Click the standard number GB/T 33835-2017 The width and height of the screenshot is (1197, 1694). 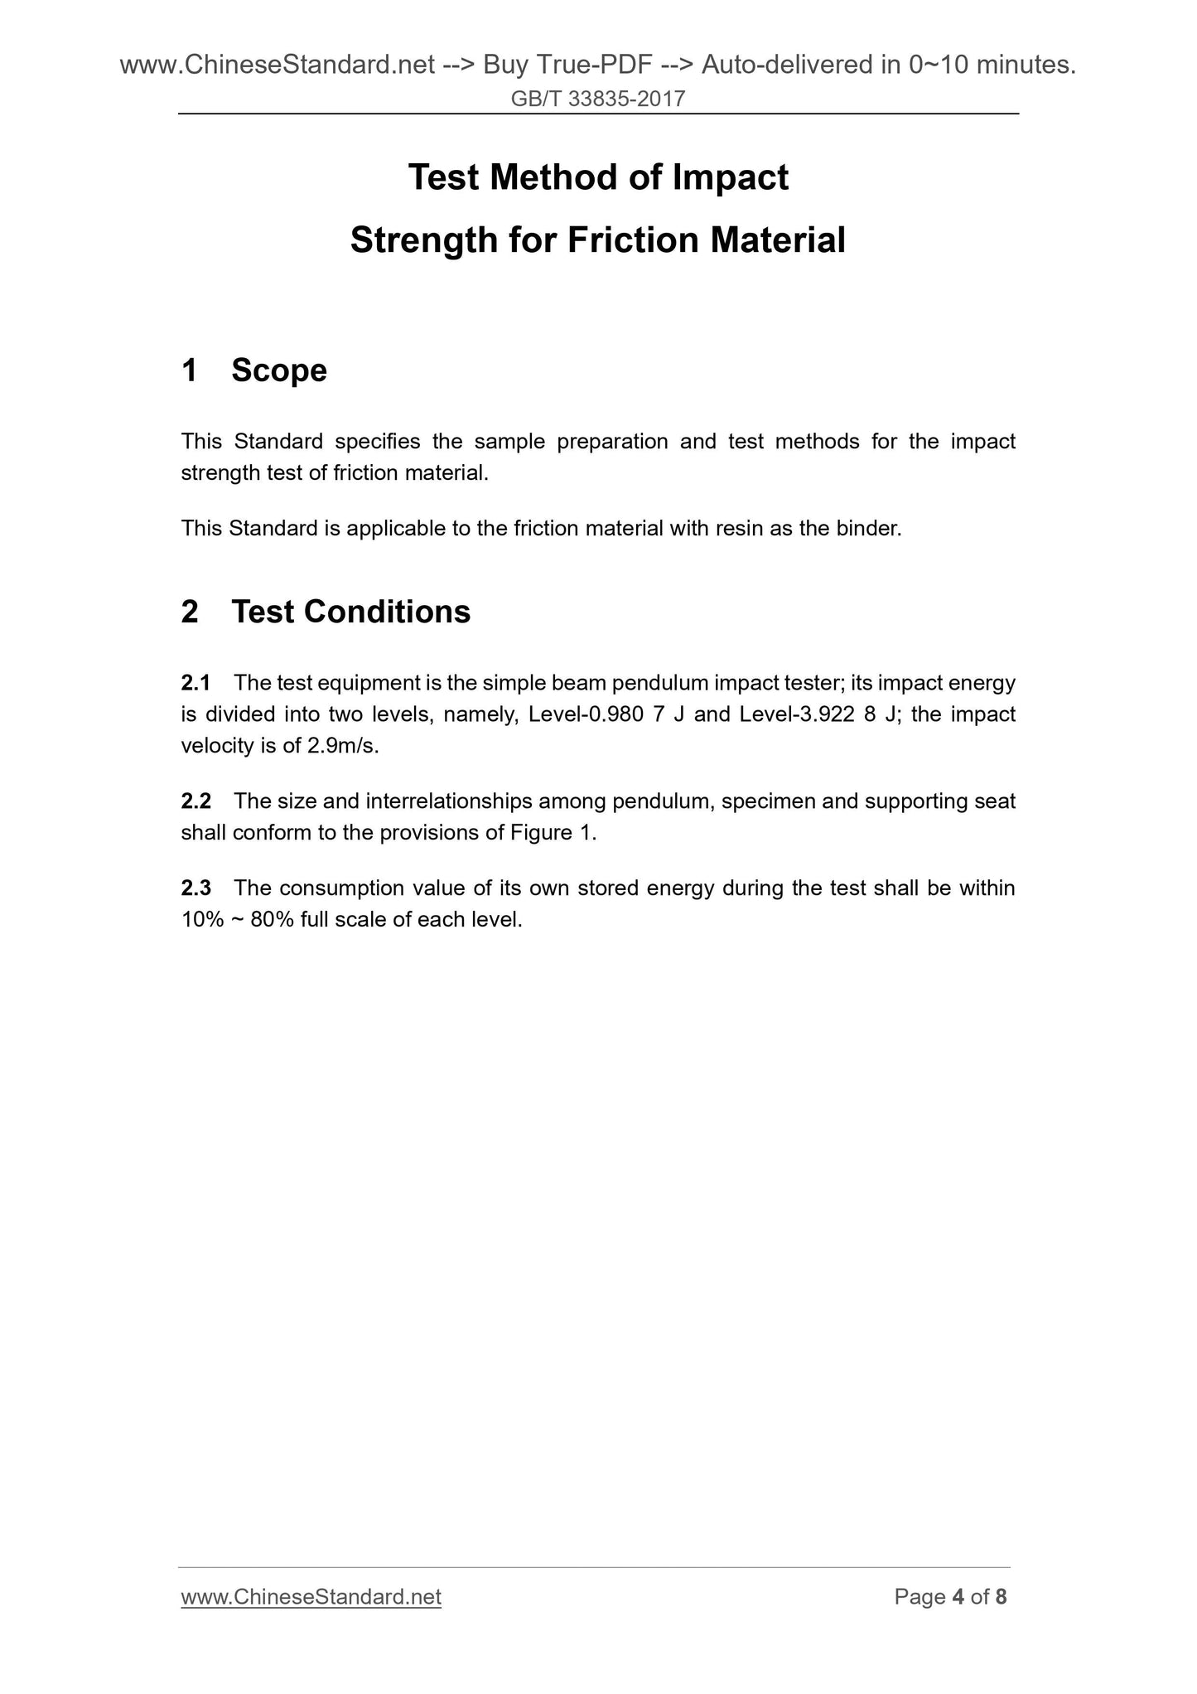point(598,99)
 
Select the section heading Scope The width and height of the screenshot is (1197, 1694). point(279,370)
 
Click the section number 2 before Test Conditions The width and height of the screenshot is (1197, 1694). point(190,612)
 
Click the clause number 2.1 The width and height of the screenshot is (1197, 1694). point(196,683)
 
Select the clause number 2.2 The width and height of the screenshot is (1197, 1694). point(196,801)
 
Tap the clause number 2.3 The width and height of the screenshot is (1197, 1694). point(196,888)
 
